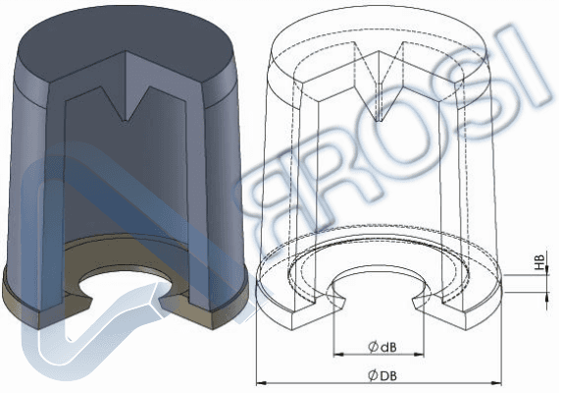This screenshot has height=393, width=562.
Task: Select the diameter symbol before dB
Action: pos(374,346)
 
